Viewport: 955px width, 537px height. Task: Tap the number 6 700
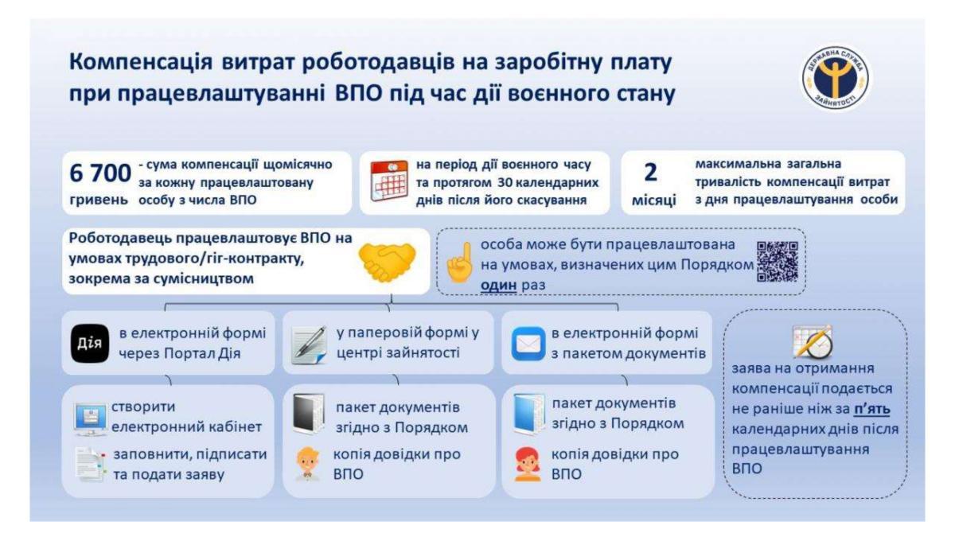(99, 173)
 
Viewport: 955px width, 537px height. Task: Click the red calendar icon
(389, 181)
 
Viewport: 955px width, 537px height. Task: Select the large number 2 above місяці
(651, 173)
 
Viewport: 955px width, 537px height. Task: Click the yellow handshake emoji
(387, 261)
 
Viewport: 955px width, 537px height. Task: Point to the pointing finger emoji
(460, 263)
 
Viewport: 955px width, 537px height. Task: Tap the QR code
(778, 262)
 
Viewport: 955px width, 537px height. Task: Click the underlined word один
(498, 285)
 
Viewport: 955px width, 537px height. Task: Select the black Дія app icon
(89, 344)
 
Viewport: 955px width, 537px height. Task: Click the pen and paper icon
(309, 345)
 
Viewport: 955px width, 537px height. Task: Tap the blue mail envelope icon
(528, 344)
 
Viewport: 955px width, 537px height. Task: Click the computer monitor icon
(90, 419)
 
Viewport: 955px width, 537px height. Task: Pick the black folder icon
(309, 414)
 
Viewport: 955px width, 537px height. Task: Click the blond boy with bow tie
(307, 464)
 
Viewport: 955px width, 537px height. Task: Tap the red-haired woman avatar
(528, 464)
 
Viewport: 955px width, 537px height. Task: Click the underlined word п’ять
(872, 409)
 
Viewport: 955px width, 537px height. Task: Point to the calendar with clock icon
(813, 342)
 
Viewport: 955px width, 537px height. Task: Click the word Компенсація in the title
(141, 62)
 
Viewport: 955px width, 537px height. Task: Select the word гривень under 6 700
(99, 200)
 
